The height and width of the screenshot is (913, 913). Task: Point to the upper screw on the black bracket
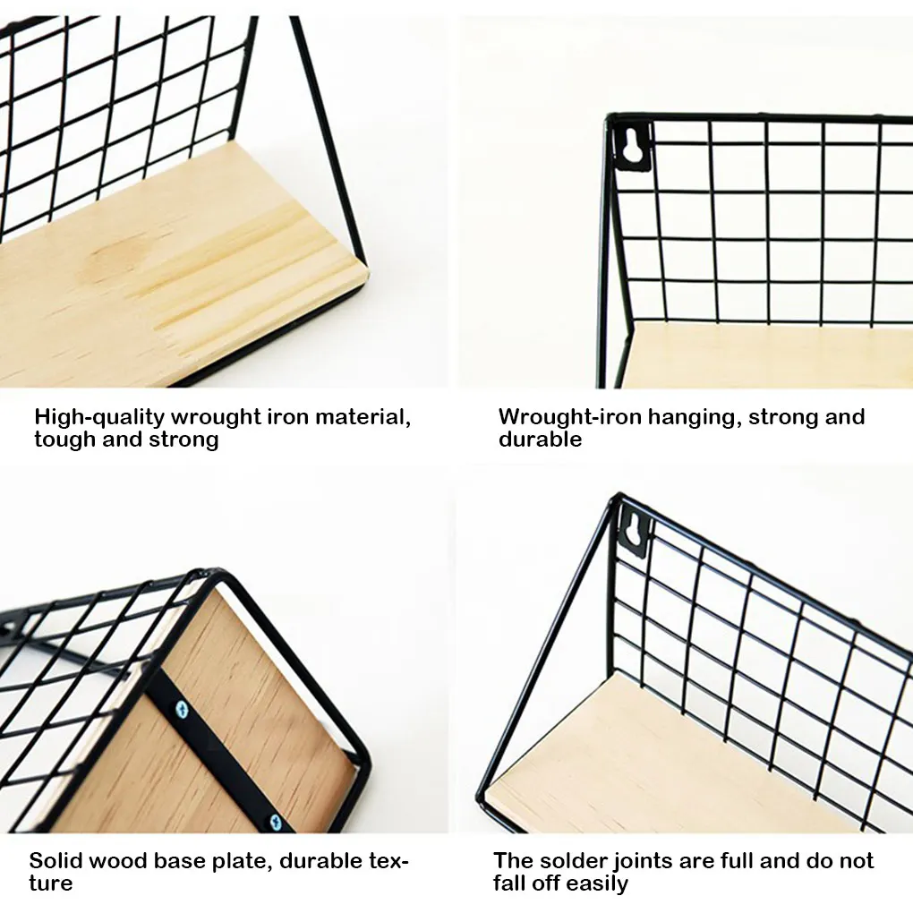[183, 711]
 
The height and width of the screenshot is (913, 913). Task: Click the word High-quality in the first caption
[99, 417]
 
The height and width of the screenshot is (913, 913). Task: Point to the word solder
[572, 861]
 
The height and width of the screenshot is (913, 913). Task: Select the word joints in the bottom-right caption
[648, 861]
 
